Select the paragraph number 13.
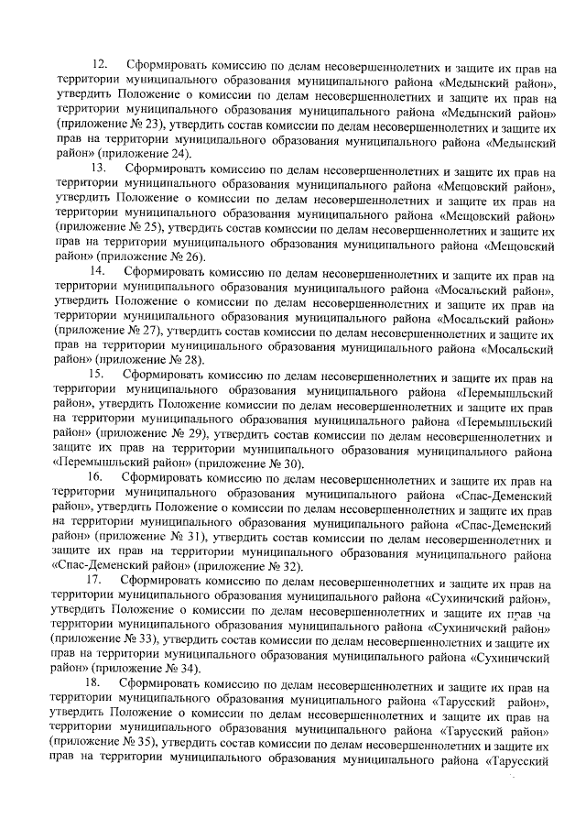(100, 170)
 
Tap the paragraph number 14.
(100, 274)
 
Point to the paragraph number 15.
(100, 376)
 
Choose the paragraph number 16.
(100, 479)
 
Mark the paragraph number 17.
(100, 583)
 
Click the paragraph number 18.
(100, 685)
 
